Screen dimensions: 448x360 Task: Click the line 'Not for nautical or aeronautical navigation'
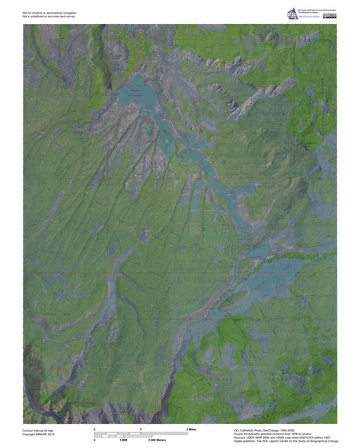coord(49,13)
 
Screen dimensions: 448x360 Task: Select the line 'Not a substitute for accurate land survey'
coord(49,17)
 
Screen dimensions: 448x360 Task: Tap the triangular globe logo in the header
coord(292,12)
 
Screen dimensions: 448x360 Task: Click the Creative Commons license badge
coord(329,14)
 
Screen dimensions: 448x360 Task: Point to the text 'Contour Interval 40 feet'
coord(39,430)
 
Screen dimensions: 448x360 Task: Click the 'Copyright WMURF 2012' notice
coord(38,434)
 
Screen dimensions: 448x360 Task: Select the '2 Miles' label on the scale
coord(191,428)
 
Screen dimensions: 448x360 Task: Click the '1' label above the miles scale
coord(141,428)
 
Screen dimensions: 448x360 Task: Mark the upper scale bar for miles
coord(141,433)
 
